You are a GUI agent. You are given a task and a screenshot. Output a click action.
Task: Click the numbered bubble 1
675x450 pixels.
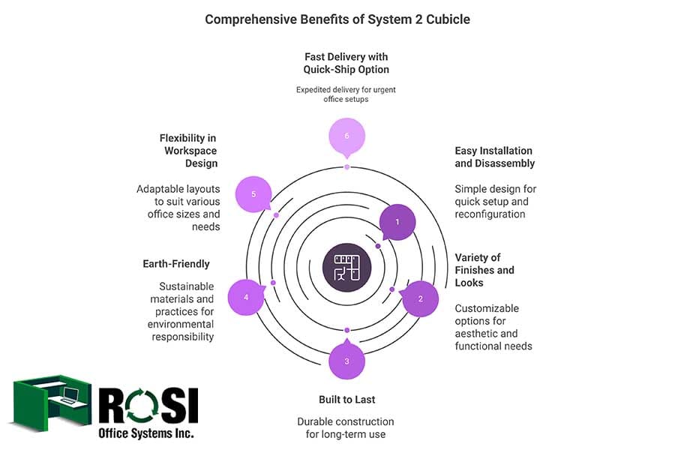coord(397,222)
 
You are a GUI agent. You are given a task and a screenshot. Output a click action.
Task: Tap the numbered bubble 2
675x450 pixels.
coord(421,298)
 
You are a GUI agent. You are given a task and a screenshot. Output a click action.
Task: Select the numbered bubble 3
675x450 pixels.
coord(346,361)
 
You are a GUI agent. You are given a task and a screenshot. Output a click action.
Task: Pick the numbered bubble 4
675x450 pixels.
coord(245,297)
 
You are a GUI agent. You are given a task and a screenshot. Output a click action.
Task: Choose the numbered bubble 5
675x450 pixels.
coord(253,194)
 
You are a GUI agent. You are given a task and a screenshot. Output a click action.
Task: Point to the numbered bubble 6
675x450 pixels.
coord(346,136)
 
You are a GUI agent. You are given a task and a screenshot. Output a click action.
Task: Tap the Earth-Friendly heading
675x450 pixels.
coord(176,264)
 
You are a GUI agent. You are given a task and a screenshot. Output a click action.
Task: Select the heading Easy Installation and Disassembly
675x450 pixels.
coord(494,157)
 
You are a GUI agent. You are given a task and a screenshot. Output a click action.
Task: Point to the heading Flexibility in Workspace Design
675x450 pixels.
coord(188,151)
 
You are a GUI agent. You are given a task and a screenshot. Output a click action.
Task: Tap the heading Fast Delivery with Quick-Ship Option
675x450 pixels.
coord(346,63)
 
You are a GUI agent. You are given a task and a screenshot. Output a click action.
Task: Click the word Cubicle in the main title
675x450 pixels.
coord(445,19)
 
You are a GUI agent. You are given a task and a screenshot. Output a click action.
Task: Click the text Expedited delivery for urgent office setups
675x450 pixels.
coord(346,94)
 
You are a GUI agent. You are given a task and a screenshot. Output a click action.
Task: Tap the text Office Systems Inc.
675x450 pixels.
coord(145,433)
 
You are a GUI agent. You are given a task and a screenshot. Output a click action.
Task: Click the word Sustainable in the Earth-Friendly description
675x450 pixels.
coord(186,286)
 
